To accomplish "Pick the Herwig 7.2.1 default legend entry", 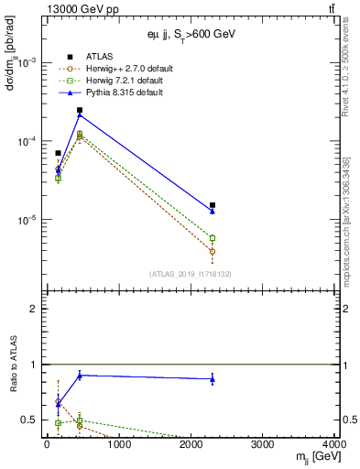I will tap(120, 81).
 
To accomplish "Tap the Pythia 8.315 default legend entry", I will tap(119, 93).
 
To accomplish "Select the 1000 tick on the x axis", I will tap(119, 445).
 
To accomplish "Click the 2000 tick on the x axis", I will tap(191, 445).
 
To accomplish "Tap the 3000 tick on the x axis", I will tap(264, 445).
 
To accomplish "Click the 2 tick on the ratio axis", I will tap(33, 310).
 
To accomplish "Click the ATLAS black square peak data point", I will tap(80, 110).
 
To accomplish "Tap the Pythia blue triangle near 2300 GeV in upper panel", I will tap(213, 212).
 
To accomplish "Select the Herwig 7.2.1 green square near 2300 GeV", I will tap(213, 238).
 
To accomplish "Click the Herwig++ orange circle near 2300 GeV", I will tap(213, 251).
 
